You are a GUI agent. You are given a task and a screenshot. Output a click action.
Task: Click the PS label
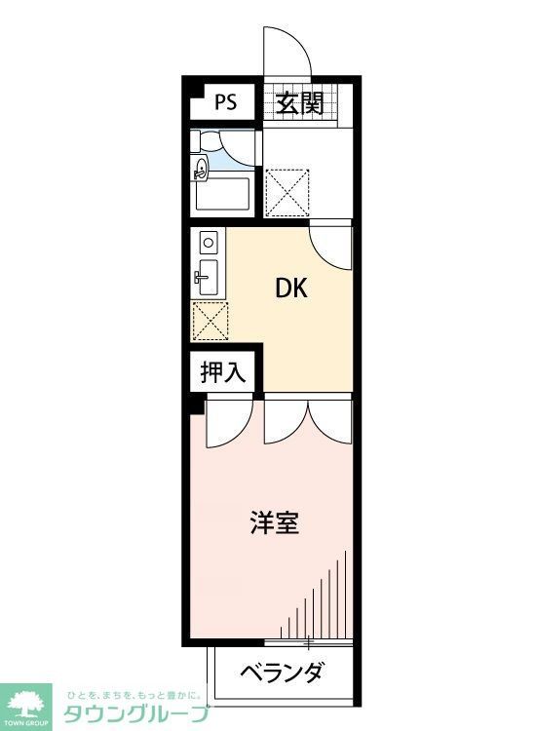coord(225,101)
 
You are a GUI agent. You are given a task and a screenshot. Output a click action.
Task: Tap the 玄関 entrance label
coord(298,102)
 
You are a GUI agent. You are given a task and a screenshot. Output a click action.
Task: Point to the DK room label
coord(291,288)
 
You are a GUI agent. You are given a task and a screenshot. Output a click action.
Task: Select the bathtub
coord(223,195)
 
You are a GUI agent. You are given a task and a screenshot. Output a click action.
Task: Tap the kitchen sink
coord(208,274)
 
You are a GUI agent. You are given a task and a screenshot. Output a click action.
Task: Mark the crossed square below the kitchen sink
coord(210,318)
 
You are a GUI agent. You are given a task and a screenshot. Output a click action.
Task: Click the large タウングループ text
coord(136,713)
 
